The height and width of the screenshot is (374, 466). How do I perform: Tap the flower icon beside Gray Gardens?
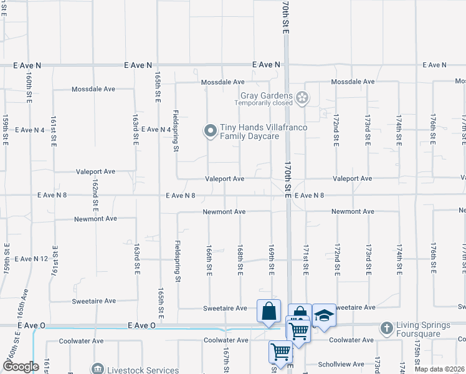click(x=302, y=97)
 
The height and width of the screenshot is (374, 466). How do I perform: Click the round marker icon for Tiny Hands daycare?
click(x=210, y=131)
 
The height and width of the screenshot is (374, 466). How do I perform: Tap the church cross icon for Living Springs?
click(x=386, y=328)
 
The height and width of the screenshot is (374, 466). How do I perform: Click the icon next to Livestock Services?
click(x=97, y=370)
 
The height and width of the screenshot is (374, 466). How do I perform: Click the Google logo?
click(x=21, y=367)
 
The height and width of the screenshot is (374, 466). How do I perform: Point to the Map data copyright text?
click(x=440, y=368)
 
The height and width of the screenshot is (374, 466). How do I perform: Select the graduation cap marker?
click(x=324, y=315)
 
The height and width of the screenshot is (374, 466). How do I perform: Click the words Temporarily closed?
click(x=264, y=103)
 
